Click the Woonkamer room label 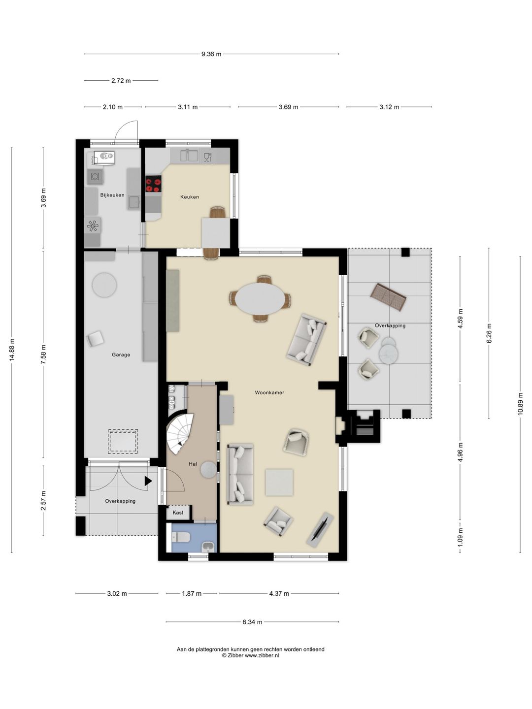269,393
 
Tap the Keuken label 190,197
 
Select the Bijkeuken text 112,195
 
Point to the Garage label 121,354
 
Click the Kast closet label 178,512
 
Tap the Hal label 193,464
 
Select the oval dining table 260,298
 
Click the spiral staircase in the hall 180,433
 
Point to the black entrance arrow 148,481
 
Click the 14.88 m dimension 12,350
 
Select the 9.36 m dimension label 211,54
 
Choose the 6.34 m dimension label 252,622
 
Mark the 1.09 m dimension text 460,537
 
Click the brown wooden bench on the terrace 388,297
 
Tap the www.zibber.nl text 262,655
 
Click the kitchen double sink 189,156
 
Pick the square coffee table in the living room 279,482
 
